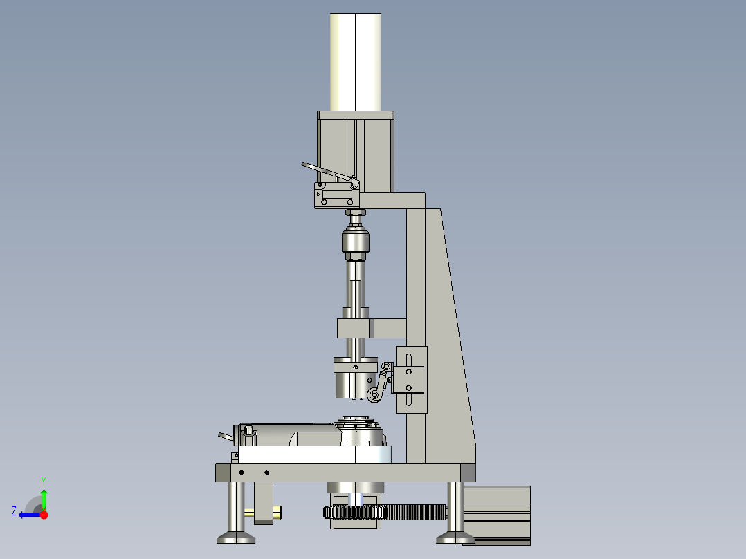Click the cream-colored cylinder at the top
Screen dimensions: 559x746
pos(356,62)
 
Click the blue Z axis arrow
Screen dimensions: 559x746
pos(28,515)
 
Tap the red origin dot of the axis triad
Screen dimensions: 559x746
pos(44,515)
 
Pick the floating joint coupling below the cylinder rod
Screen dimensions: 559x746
pos(356,244)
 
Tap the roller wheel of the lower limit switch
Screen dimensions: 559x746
pos(374,395)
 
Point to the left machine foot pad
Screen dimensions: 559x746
pos(236,536)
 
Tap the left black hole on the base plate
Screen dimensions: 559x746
pos(241,473)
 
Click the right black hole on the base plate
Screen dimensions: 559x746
pos(266,473)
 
